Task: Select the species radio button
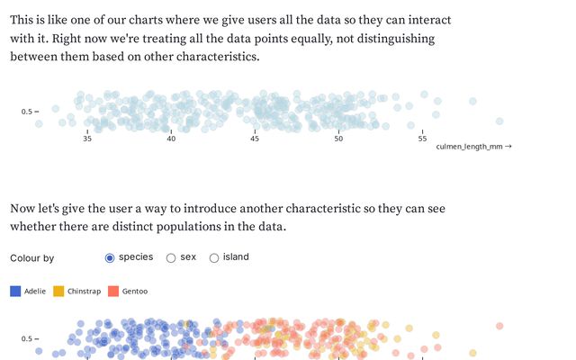(x=110, y=258)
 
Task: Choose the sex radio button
(x=171, y=258)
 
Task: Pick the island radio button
(x=214, y=258)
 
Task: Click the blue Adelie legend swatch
(x=15, y=291)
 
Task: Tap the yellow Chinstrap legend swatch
(x=58, y=291)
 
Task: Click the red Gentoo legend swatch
(x=113, y=291)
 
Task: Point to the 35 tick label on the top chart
(x=87, y=138)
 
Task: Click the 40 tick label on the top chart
(x=171, y=138)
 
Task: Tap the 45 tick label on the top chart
(x=255, y=138)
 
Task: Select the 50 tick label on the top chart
(x=338, y=138)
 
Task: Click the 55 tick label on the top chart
(x=422, y=138)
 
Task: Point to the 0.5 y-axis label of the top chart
(x=27, y=112)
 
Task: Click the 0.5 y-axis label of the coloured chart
(x=27, y=339)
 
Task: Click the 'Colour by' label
(x=32, y=258)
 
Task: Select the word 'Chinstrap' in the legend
(x=84, y=292)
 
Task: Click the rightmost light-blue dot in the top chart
(x=472, y=101)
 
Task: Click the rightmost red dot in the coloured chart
(x=499, y=326)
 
